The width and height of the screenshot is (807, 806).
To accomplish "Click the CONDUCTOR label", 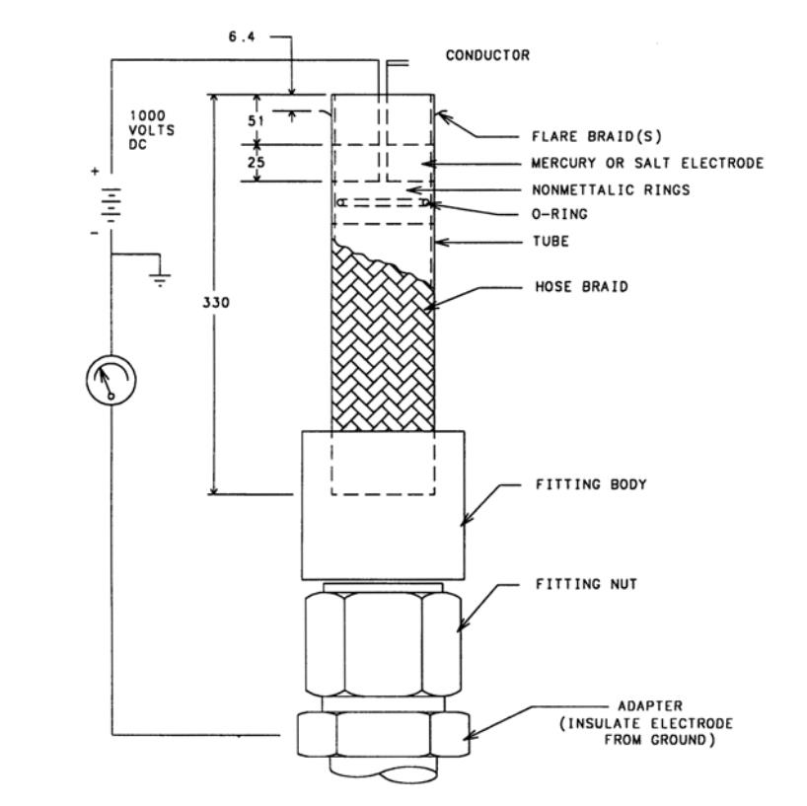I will pos(487,56).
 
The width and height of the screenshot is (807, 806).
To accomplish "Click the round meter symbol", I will pos(110,380).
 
